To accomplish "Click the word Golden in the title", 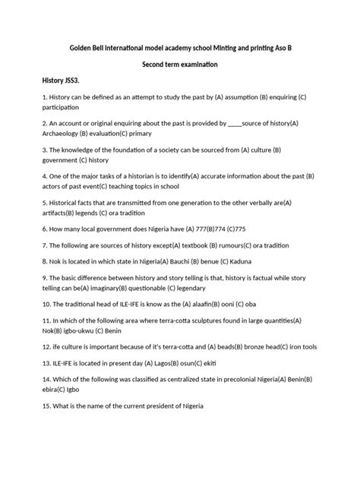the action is coord(74,47).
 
